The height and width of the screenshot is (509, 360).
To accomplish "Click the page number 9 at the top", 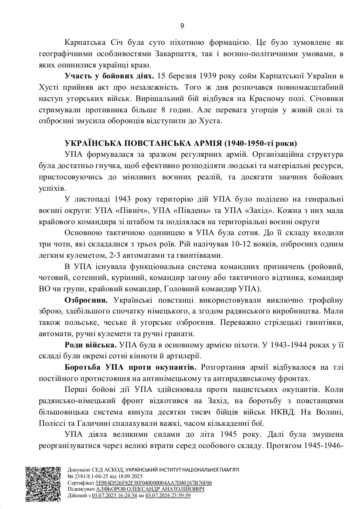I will [182, 26].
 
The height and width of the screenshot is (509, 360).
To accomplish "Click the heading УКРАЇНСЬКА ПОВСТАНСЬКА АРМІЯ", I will [181, 143].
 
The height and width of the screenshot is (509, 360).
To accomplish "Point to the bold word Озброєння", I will [86, 300].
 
